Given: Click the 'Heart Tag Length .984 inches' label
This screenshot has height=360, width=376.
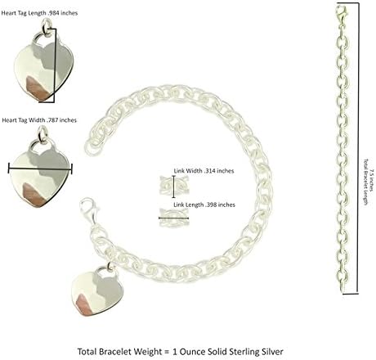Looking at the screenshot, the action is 39,13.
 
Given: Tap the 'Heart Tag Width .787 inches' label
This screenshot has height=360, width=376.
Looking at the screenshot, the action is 39,120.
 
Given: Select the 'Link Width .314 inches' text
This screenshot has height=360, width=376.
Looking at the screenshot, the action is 204,171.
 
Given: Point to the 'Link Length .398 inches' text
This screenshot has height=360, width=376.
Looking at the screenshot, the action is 204,205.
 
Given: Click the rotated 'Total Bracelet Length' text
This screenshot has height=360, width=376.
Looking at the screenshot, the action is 366,182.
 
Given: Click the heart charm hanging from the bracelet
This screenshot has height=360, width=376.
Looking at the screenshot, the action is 97,292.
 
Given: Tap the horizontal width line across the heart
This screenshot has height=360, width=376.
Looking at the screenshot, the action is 40,169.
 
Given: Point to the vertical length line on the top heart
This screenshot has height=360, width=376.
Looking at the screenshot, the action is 56,65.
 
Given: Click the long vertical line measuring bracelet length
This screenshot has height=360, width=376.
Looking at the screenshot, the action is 358,149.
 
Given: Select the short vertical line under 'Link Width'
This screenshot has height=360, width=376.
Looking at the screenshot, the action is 174,187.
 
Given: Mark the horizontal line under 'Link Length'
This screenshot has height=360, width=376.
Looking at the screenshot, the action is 173,218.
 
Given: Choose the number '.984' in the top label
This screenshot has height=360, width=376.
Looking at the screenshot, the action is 53,13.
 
